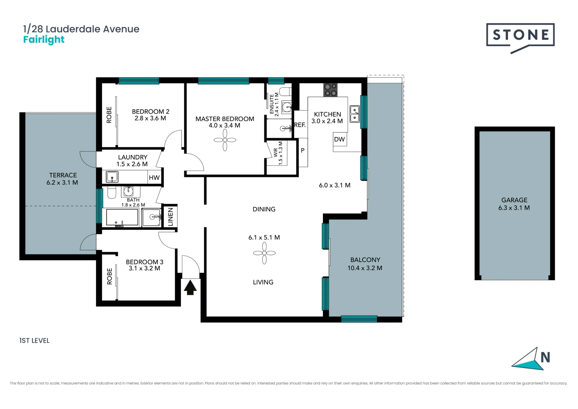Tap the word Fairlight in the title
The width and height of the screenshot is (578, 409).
44,40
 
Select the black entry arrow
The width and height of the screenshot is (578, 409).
190,287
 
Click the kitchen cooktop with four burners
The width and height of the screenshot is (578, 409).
330,90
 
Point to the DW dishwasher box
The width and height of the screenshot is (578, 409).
340,139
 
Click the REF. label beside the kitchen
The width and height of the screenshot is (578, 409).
300,125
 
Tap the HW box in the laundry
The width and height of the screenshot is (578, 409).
154,178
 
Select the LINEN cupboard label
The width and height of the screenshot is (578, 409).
171,217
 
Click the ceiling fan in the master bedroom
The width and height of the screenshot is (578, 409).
225,140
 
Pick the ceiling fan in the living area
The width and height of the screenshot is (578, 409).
264,253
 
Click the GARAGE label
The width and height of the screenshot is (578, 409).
514,200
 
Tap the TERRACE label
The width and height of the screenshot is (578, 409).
63,175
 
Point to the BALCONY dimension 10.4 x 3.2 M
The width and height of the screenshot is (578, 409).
365,268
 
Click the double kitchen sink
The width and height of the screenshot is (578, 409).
355,114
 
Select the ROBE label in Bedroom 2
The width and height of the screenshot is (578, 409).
109,115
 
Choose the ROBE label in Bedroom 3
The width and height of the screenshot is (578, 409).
110,276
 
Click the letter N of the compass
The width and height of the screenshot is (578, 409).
545,358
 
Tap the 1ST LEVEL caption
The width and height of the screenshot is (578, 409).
34,341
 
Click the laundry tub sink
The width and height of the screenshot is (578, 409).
112,177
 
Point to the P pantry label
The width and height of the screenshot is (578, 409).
303,150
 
